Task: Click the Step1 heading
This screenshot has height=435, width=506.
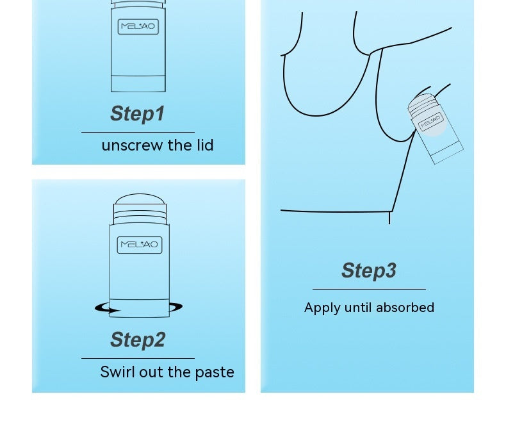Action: pyautogui.click(x=138, y=113)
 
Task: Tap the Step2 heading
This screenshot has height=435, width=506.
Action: pyautogui.click(x=138, y=340)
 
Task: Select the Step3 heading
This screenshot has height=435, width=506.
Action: pyautogui.click(x=369, y=270)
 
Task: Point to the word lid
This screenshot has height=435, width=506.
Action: pyautogui.click(x=205, y=145)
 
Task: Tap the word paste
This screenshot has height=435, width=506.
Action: pyautogui.click(x=215, y=373)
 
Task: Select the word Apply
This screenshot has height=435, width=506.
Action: pyautogui.click(x=322, y=308)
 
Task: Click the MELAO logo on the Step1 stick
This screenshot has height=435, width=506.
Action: pyautogui.click(x=138, y=26)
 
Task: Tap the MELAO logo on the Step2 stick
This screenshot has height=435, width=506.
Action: pyautogui.click(x=140, y=245)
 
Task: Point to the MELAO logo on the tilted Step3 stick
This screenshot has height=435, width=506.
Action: pyautogui.click(x=431, y=122)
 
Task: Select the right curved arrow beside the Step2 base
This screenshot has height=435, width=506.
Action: pyautogui.click(x=176, y=307)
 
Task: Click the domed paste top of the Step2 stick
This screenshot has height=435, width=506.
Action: pyautogui.click(x=140, y=199)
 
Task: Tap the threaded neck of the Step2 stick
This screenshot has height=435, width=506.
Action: pyautogui.click(x=140, y=213)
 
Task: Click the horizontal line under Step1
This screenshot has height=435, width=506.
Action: pyautogui.click(x=138, y=132)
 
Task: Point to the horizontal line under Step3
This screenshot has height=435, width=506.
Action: pyautogui.click(x=369, y=289)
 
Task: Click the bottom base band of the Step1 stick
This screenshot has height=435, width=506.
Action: pyautogui.click(x=138, y=84)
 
